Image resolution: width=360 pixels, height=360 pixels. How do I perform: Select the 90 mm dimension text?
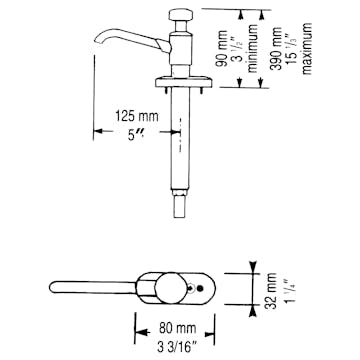pos(251,47)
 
